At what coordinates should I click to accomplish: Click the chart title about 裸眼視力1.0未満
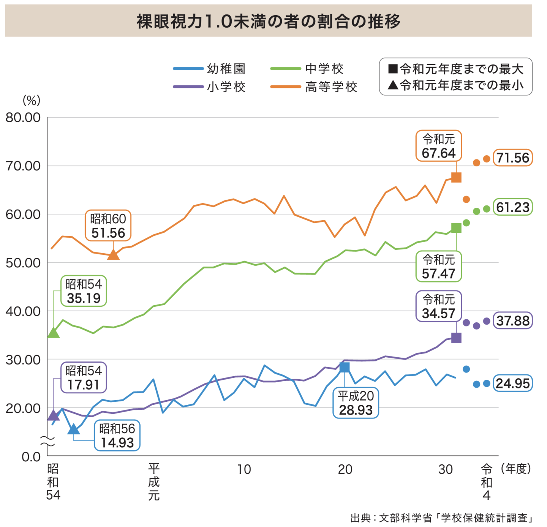(x=268, y=21)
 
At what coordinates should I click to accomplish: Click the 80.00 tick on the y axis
(x=23, y=118)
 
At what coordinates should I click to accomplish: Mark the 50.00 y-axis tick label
(x=23, y=263)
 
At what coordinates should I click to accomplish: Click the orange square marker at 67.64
(x=456, y=177)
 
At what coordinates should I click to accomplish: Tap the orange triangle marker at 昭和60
(x=113, y=255)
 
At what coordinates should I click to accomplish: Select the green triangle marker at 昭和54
(x=54, y=333)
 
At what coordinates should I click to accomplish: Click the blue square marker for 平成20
(x=344, y=367)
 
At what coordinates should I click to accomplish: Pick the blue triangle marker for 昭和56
(x=74, y=429)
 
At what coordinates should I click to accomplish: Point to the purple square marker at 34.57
(x=456, y=338)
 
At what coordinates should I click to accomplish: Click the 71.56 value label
(x=513, y=158)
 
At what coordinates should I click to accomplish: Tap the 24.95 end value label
(x=513, y=383)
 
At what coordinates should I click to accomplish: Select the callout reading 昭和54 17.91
(x=84, y=378)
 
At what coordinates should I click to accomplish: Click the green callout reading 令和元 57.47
(x=439, y=267)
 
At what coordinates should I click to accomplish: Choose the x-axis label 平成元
(x=154, y=482)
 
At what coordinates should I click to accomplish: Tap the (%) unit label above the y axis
(x=32, y=101)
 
